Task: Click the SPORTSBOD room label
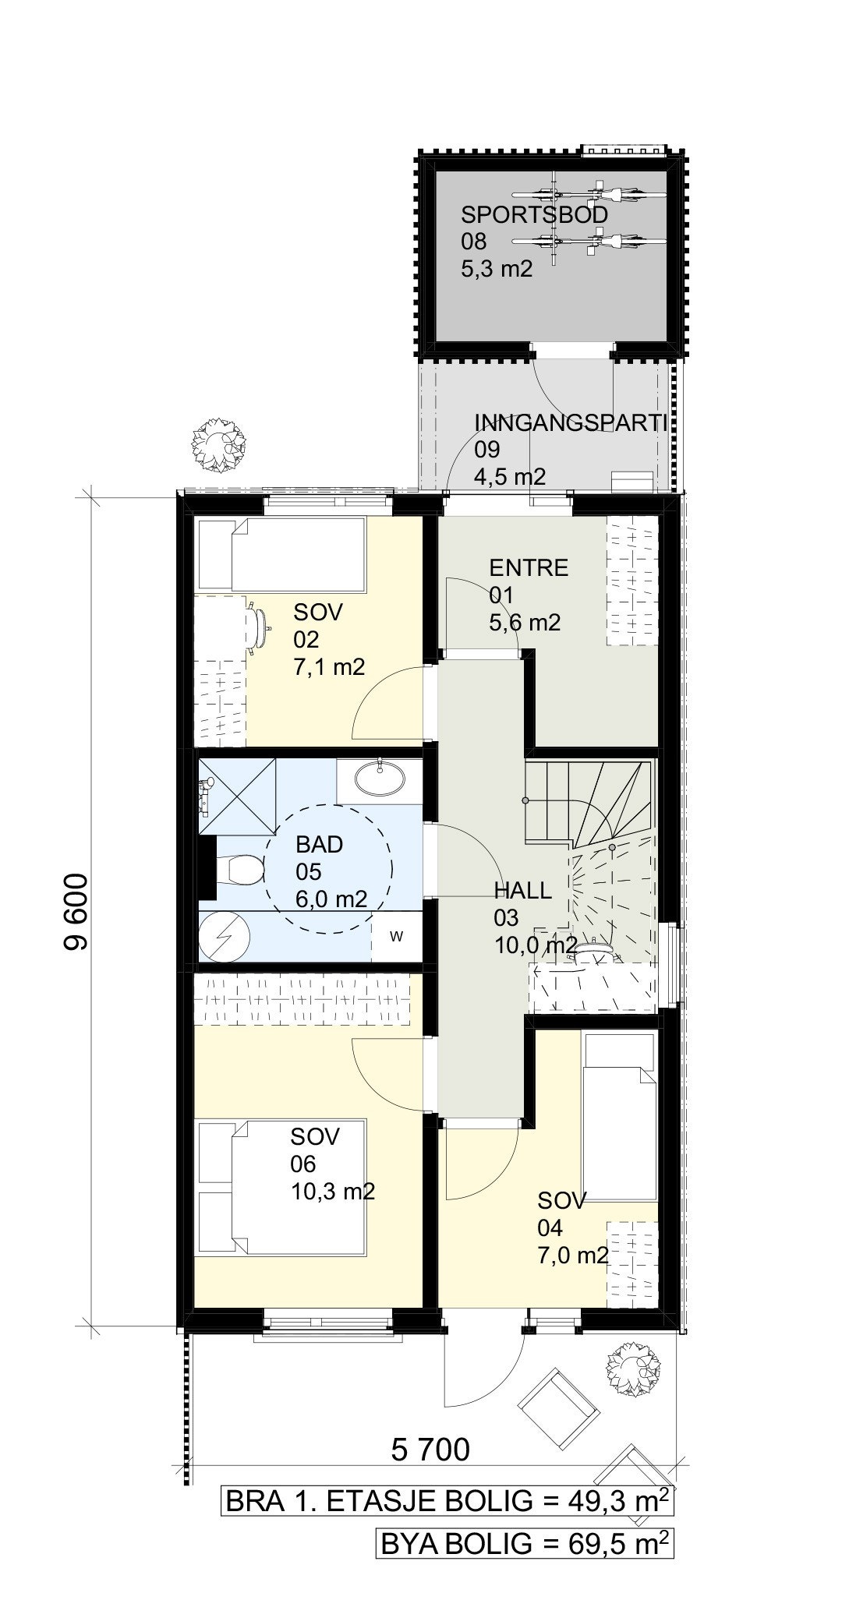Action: click(x=534, y=214)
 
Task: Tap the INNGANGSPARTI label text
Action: click(x=571, y=423)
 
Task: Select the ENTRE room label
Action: click(x=529, y=568)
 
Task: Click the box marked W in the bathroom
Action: click(x=396, y=936)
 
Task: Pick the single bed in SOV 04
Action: click(x=620, y=1117)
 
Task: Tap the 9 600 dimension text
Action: click(x=77, y=911)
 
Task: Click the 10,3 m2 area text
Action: click(x=332, y=1192)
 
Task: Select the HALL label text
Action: click(x=522, y=890)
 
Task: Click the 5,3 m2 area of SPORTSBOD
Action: click(x=497, y=269)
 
